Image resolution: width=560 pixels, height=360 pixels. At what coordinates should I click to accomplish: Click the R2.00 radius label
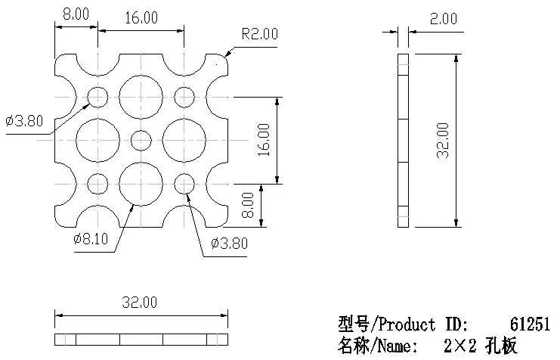tap(260, 34)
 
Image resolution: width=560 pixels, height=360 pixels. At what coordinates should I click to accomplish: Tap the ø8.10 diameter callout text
tap(91, 239)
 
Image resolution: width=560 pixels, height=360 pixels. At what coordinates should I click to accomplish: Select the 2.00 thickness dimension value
tap(443, 19)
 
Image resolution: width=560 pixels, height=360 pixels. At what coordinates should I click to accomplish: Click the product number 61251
tap(530, 324)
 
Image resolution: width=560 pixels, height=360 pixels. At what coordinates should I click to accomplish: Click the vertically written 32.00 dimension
tap(443, 141)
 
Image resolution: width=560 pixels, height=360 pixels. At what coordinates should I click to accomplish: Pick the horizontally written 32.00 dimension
tap(139, 303)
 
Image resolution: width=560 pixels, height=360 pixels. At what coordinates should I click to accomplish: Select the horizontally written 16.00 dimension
tap(141, 17)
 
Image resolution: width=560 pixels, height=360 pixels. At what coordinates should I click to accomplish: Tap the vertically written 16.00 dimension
tap(264, 140)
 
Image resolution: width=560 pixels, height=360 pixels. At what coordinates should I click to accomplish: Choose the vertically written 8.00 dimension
tap(247, 205)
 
